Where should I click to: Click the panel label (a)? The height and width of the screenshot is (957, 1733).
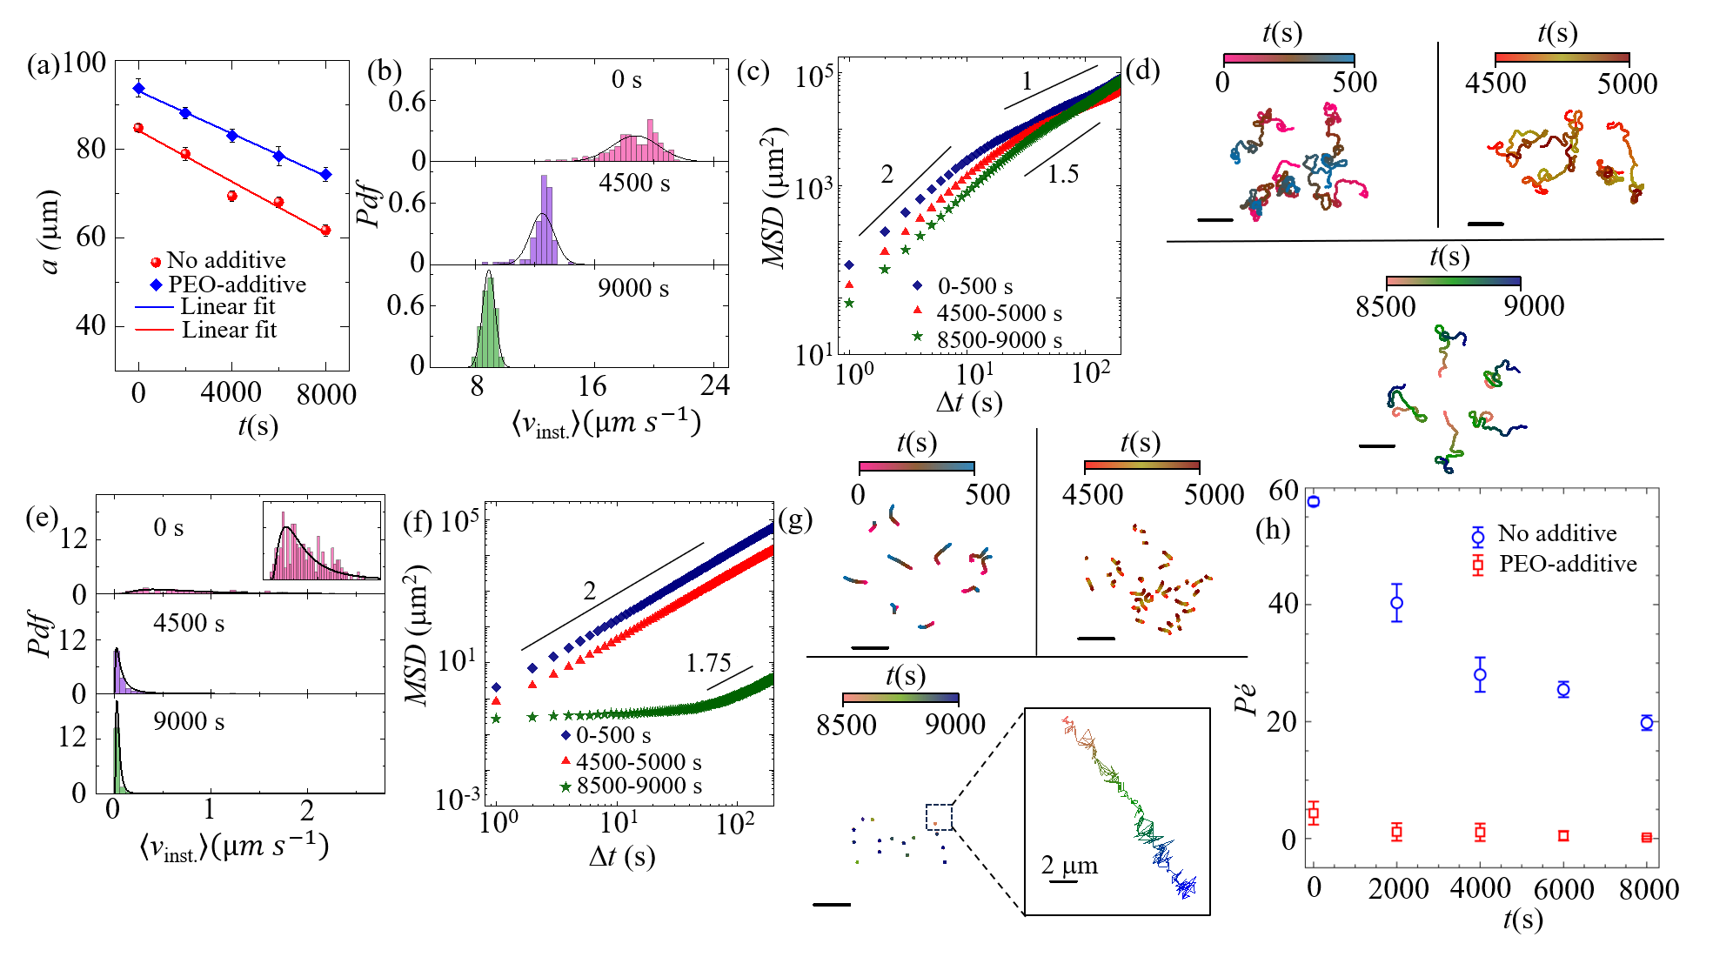[x=42, y=66]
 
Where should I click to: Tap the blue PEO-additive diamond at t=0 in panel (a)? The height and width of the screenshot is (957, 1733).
[x=138, y=88]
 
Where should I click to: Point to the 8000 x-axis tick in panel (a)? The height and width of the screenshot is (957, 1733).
[x=325, y=394]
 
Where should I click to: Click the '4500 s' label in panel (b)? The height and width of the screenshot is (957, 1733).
[x=634, y=184]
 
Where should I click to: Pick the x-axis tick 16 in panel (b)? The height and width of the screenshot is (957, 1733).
[x=592, y=386]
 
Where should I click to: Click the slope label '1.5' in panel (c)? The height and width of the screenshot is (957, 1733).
[x=1062, y=175]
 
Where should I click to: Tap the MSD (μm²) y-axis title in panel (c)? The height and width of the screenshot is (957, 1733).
[x=774, y=197]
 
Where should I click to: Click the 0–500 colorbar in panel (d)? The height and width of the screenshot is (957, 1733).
[x=1288, y=59]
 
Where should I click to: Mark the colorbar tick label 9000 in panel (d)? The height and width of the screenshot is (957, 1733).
[x=1533, y=306]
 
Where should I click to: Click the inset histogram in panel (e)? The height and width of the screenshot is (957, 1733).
[x=322, y=540]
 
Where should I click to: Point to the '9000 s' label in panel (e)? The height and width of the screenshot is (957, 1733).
[x=189, y=722]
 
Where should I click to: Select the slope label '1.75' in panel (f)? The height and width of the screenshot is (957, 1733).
[x=708, y=664]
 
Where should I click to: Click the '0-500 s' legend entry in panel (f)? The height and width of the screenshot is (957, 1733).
[x=613, y=735]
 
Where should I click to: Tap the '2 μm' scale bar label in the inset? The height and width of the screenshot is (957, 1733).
[x=1070, y=866]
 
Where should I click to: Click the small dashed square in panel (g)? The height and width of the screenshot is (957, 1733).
[x=940, y=818]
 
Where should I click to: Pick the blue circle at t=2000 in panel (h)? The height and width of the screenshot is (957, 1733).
[x=1396, y=602]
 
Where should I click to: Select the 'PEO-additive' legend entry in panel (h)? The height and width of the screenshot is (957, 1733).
[x=1567, y=564]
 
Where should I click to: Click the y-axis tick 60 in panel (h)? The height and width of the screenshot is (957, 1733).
[x=1284, y=491]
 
